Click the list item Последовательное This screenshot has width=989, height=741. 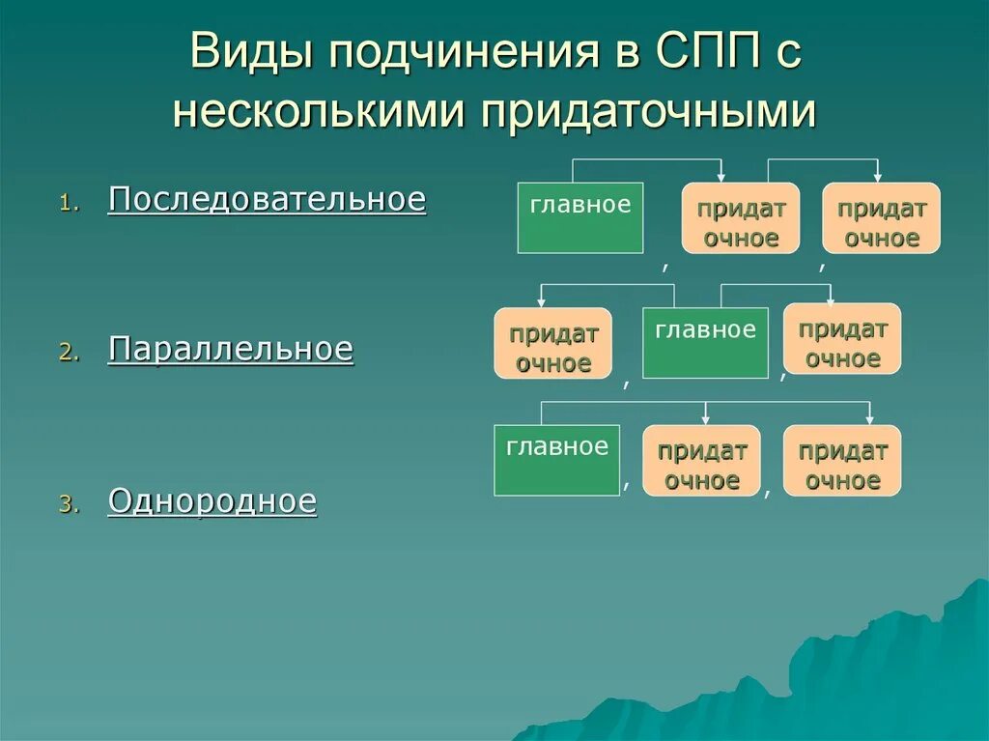coord(267,199)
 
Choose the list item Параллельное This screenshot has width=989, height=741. coord(231,349)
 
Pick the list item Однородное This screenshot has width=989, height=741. coord(212,500)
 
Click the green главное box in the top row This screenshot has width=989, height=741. coord(579,217)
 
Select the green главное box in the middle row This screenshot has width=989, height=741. coord(705,342)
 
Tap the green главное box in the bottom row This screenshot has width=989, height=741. coord(556,460)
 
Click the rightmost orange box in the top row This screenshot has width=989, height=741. coord(881,218)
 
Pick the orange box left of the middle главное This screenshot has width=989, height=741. coord(553,343)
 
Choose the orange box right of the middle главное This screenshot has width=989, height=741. coord(842,339)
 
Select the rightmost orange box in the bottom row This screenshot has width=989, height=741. coord(842,461)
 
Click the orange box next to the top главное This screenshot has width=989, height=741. coord(741,218)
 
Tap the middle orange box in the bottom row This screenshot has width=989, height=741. coord(702,461)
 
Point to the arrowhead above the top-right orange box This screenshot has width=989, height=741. coord(878,176)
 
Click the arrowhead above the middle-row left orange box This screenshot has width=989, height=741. coord(540,301)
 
